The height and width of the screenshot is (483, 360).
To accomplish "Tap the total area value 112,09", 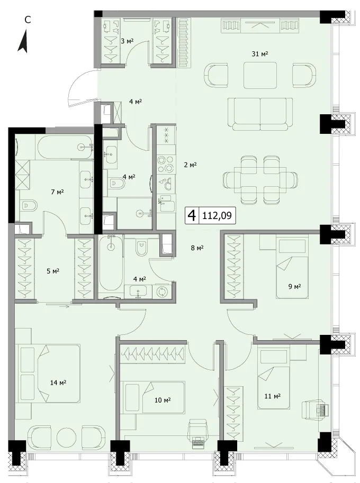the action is (x=217, y=216).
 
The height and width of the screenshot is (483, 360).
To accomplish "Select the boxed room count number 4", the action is (x=192, y=216).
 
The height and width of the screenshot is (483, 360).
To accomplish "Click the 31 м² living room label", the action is (x=260, y=54).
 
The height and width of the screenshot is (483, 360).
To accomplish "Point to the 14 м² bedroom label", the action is (x=58, y=382).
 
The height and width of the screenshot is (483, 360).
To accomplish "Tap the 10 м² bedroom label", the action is (x=163, y=400).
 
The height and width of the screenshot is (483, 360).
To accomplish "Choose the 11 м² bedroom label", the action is (x=273, y=396).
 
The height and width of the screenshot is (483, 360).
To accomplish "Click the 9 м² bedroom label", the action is (x=294, y=287).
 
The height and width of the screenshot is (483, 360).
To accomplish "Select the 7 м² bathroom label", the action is (x=57, y=192).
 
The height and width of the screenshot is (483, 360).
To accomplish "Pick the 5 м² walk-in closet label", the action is (x=52, y=271).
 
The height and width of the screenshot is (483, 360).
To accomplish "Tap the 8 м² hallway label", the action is (x=197, y=248).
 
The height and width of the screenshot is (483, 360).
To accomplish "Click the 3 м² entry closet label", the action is (x=127, y=40).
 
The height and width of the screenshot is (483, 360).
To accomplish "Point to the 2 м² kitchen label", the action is (x=190, y=165).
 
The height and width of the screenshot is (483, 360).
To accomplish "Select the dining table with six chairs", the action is (x=260, y=180).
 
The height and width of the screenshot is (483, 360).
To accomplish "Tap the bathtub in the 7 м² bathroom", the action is (x=65, y=147).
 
